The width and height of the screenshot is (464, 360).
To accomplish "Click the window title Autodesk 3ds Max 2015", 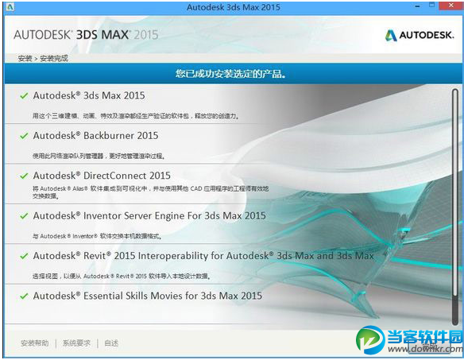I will pyautogui.click(x=232, y=7).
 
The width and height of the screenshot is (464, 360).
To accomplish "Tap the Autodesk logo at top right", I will pyautogui.click(x=418, y=35).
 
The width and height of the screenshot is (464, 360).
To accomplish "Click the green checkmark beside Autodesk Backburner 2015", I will pyautogui.click(x=25, y=136).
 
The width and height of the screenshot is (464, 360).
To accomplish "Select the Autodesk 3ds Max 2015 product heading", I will pyautogui.click(x=89, y=95).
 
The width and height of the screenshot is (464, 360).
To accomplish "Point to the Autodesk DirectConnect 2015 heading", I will pyautogui.click(x=102, y=176).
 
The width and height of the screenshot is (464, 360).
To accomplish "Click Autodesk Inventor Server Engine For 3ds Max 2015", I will pyautogui.click(x=149, y=215).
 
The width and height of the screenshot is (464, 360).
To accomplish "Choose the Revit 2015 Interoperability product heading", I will pyautogui.click(x=203, y=256).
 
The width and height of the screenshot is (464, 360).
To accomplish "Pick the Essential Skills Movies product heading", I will pyautogui.click(x=147, y=296).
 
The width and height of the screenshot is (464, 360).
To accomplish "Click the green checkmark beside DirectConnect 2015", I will pyautogui.click(x=25, y=176).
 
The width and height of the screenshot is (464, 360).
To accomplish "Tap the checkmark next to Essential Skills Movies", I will pyautogui.click(x=25, y=296).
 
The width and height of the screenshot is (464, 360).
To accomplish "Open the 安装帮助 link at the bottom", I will pyautogui.click(x=34, y=343).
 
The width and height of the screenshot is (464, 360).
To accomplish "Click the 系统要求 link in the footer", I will pyautogui.click(x=77, y=343).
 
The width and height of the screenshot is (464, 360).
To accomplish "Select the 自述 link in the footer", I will pyautogui.click(x=111, y=343).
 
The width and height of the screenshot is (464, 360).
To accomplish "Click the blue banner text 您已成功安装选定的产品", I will pyautogui.click(x=231, y=74).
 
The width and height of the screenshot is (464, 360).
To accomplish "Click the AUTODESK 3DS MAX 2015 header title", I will pyautogui.click(x=86, y=35).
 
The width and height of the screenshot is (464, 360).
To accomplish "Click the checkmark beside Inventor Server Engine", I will pyautogui.click(x=25, y=215).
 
